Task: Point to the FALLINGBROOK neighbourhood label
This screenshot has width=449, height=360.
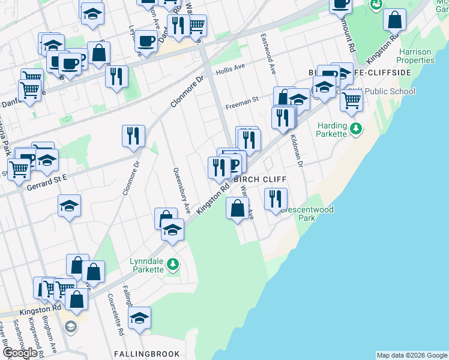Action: tap(138, 353)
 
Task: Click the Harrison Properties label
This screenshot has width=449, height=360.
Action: tap(416, 56)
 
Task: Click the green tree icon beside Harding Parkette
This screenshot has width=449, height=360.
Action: tap(355, 128)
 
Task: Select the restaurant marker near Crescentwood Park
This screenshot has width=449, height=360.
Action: tap(276, 199)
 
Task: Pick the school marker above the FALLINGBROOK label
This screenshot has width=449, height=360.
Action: tap(140, 319)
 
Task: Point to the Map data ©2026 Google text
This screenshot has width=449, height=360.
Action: tap(412, 355)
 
